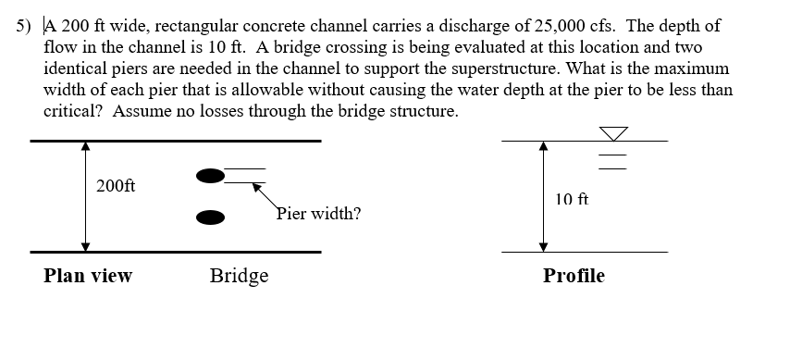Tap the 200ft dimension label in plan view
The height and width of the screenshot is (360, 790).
(x=116, y=185)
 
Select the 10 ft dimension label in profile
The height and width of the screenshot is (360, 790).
(x=572, y=199)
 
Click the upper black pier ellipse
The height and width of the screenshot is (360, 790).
(x=211, y=175)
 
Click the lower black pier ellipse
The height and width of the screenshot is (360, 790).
(x=211, y=217)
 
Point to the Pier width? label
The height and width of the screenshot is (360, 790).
(x=319, y=215)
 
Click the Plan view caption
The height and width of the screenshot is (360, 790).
(x=88, y=276)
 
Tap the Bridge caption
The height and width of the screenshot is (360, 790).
(x=239, y=276)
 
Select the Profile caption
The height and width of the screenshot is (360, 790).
(x=574, y=276)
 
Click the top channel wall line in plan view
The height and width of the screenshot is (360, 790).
(x=176, y=141)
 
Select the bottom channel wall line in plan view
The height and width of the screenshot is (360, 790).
(x=176, y=252)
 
